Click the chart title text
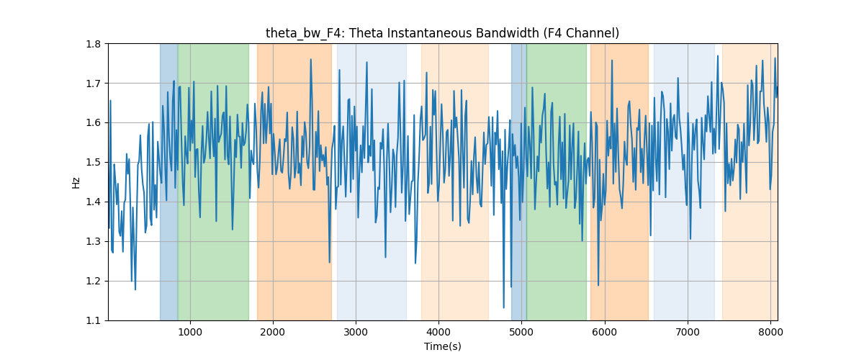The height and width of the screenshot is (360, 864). tap(442, 33)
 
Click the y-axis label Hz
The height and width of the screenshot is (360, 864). tap(76, 182)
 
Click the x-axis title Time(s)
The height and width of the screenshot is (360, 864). tap(442, 346)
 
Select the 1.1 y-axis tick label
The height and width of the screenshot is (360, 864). tap(94, 320)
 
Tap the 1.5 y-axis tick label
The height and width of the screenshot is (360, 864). tap(94, 163)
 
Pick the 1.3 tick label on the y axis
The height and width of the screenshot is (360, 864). tap(94, 241)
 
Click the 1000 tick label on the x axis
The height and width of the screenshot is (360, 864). tap(190, 332)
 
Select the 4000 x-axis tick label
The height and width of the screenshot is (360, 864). tap(438, 332)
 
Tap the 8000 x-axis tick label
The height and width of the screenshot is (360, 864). tap(770, 332)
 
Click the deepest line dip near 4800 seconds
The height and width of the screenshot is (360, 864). tap(504, 307)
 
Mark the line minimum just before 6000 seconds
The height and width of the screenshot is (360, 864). tap(598, 285)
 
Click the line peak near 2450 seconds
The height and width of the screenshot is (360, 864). tap(311, 60)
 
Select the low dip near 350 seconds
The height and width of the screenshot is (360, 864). tap(135, 289)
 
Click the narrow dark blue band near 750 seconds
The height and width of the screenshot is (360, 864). tap(169, 182)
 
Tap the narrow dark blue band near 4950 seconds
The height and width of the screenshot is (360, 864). tap(519, 182)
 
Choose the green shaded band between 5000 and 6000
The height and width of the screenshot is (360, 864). tap(557, 182)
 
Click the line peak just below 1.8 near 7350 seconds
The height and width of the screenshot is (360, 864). tap(718, 56)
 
